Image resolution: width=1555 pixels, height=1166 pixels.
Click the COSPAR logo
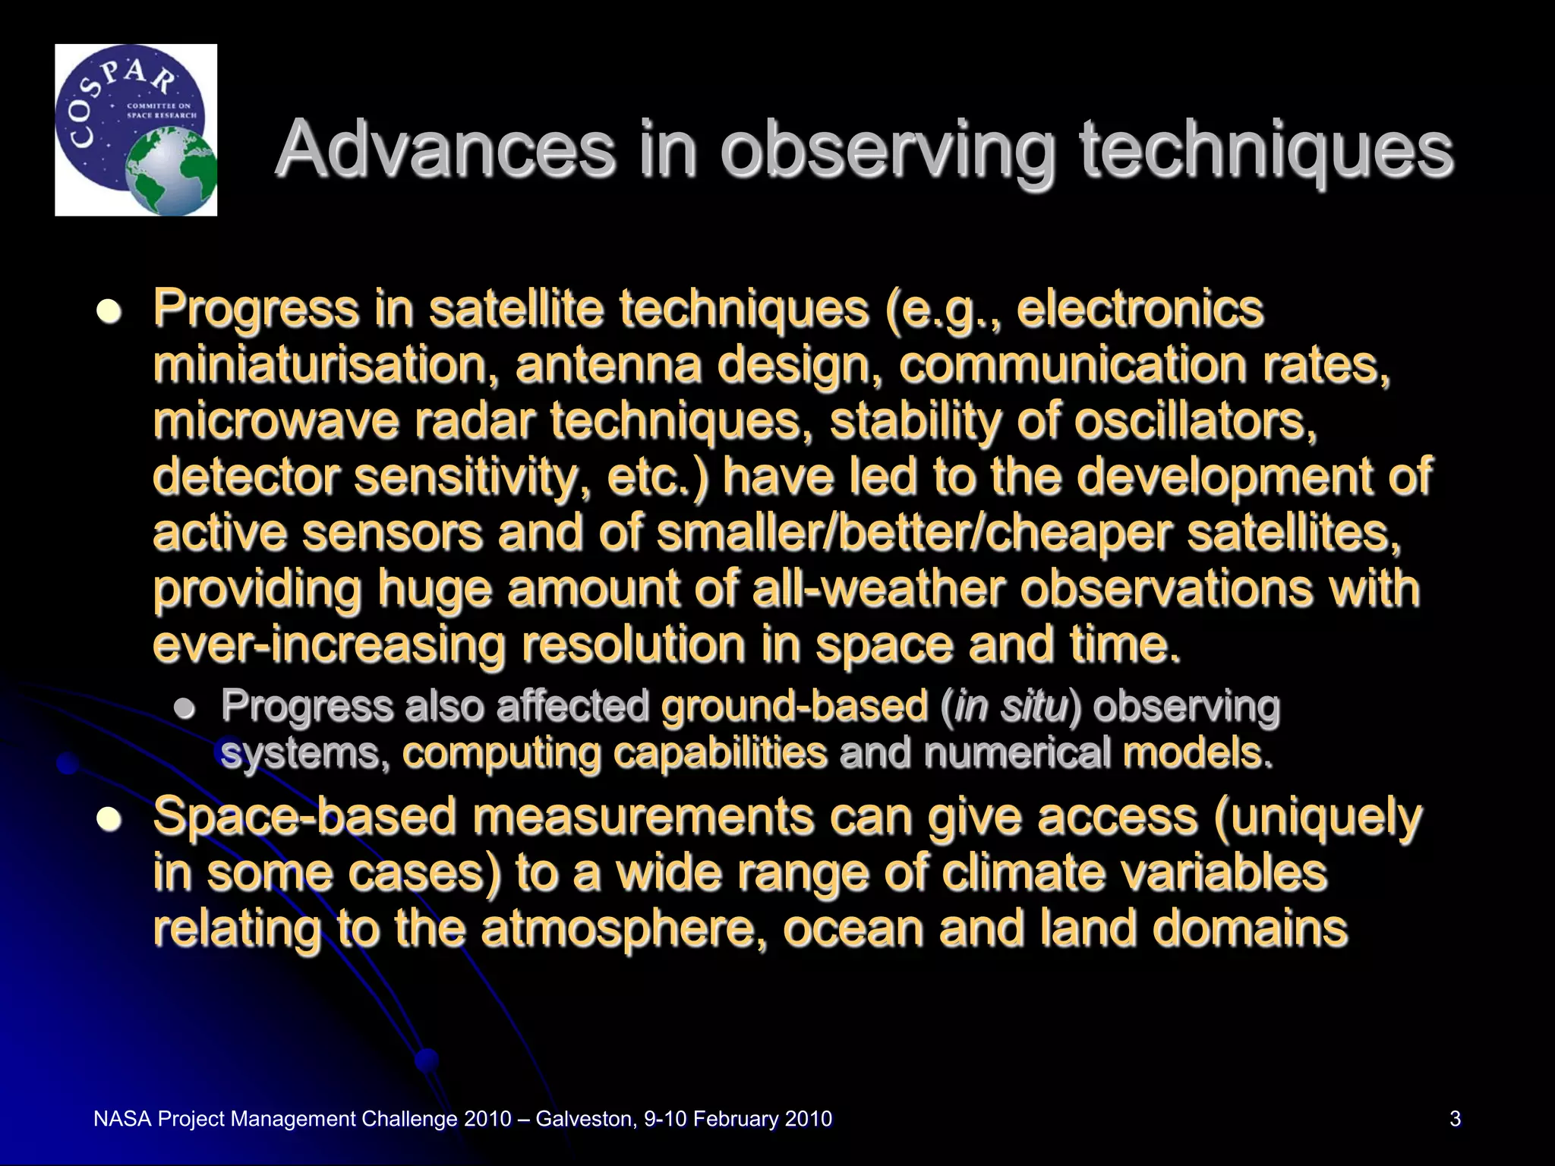(136, 130)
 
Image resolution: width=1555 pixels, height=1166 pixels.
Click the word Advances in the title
(446, 149)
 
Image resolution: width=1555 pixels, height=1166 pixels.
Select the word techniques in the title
(1266, 149)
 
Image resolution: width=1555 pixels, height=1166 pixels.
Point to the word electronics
(1140, 309)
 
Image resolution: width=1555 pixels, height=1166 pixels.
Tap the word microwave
(276, 421)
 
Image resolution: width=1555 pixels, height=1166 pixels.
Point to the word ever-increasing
(329, 644)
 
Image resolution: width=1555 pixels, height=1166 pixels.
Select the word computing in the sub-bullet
(500, 754)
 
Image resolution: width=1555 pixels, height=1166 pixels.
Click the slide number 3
(1455, 1119)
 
